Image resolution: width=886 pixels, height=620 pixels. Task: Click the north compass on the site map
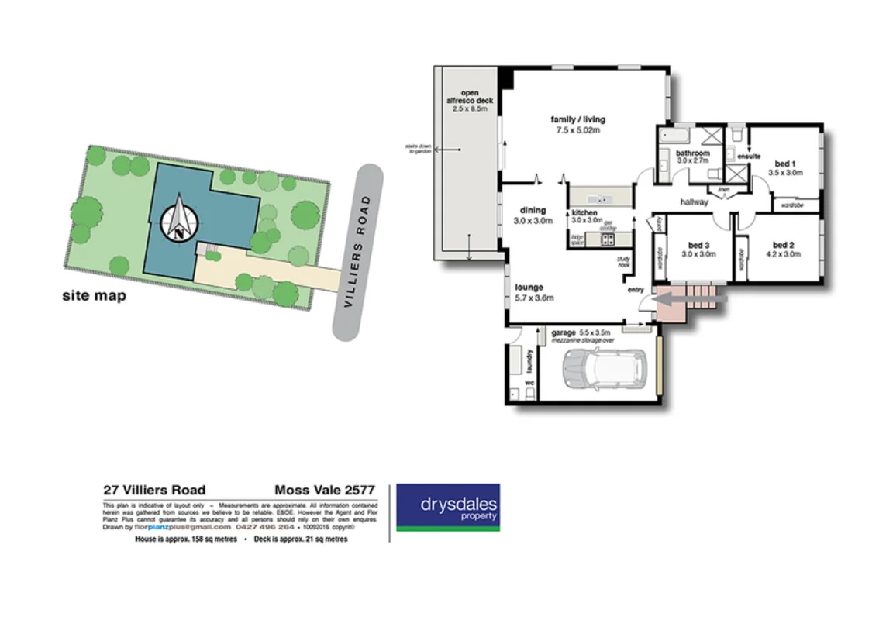179,219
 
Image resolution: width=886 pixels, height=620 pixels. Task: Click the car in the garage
605,370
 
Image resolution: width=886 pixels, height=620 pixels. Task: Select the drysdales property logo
447,508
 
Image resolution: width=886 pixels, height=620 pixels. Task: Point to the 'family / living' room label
577,119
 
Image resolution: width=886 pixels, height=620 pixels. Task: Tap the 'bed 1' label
784,164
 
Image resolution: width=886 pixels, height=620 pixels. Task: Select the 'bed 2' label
784,245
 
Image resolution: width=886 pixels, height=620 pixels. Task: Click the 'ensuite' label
749,157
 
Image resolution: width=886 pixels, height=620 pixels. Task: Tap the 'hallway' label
694,201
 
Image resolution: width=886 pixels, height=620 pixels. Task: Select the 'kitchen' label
585,212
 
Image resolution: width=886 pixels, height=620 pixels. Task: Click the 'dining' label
533,210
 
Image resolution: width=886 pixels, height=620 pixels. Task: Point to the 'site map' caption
94,295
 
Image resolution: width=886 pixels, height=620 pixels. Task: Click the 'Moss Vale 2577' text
325,490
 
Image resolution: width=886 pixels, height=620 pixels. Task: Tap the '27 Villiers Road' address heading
154,490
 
